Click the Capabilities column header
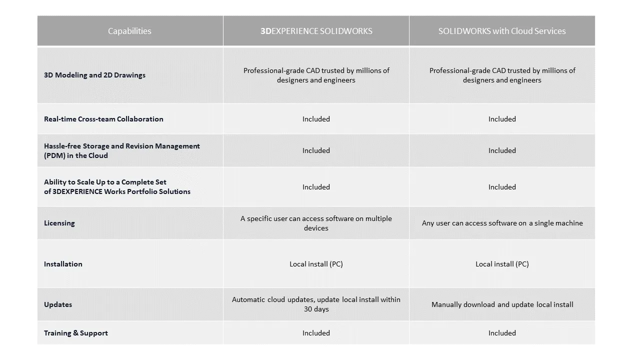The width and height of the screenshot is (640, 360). (129, 31)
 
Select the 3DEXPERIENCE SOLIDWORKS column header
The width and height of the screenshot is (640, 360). (316, 31)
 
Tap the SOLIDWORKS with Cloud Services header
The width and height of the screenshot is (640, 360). (502, 31)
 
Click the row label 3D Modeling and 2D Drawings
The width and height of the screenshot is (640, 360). (94, 75)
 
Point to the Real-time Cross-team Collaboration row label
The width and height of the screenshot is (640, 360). (103, 119)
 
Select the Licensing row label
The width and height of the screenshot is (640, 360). (59, 223)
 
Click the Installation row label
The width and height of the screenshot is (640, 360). (63, 264)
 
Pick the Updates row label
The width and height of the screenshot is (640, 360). (58, 304)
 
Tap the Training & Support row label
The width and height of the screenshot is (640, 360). (76, 333)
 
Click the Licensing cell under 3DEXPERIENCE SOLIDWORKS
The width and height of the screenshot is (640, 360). (316, 223)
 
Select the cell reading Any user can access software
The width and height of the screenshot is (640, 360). (502, 223)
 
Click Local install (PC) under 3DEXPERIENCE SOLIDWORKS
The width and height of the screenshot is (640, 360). (316, 264)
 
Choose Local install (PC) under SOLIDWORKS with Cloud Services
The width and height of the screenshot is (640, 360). (502, 264)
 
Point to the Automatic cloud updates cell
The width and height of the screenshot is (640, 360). (316, 304)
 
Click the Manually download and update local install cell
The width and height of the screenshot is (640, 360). (502, 304)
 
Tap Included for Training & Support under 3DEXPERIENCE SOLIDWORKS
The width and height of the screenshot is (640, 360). (316, 333)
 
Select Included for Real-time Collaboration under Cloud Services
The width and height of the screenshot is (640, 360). (502, 119)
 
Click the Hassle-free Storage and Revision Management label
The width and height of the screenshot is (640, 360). (121, 150)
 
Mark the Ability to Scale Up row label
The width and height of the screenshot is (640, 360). (117, 186)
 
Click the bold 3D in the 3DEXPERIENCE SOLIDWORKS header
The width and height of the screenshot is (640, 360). (265, 31)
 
